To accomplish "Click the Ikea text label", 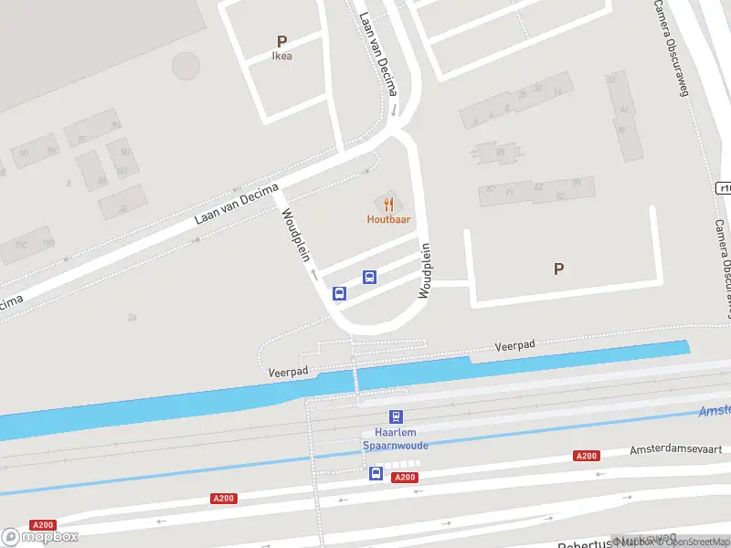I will (282, 56).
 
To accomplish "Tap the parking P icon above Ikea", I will (282, 41).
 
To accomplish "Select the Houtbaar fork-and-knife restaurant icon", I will (388, 204).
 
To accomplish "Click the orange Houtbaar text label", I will (388, 219).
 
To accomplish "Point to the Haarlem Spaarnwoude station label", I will (396, 439).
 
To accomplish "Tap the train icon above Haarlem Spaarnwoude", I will (396, 416).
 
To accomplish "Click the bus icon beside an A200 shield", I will (376, 473).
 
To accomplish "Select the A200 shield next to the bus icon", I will (404, 478).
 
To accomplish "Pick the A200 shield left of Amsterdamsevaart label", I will (586, 456).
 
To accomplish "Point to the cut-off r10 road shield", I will (724, 188).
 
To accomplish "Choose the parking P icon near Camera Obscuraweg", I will (558, 269).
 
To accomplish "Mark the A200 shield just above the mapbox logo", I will (42, 525).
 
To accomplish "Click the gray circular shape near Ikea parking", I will (185, 66).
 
